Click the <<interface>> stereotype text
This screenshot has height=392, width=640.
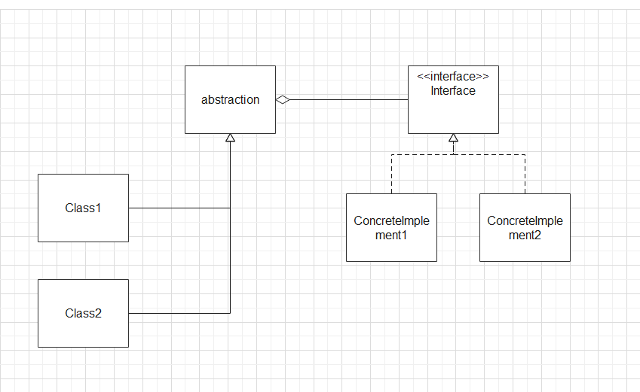(x=453, y=77)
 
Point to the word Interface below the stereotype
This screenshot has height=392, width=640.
(x=453, y=91)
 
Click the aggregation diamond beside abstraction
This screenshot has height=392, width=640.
(x=283, y=99)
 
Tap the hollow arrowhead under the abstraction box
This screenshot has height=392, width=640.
(x=230, y=138)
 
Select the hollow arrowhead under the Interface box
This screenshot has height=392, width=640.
(x=453, y=138)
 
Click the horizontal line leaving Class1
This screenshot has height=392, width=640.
(x=179, y=208)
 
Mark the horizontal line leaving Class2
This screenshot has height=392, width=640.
(x=179, y=313)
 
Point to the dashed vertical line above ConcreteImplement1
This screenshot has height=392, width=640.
(x=391, y=174)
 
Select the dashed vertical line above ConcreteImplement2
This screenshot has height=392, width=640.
(x=525, y=174)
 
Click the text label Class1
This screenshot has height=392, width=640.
(x=83, y=208)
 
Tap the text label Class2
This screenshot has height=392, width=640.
(x=83, y=314)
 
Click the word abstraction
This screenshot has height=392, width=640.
(x=230, y=99)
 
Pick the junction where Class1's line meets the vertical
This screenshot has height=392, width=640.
(x=230, y=208)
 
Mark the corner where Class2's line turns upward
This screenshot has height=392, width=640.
(x=230, y=313)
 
